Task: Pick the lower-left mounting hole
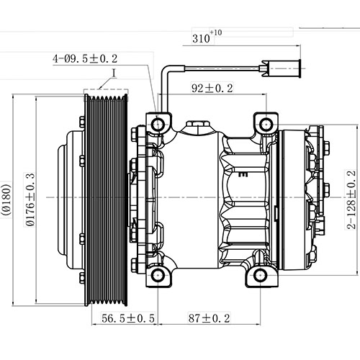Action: click(x=158, y=275)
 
